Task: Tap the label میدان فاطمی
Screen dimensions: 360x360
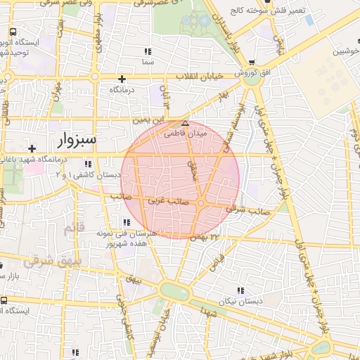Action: pyautogui.click(x=185, y=131)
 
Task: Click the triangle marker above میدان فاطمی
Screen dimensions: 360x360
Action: pyautogui.click(x=185, y=122)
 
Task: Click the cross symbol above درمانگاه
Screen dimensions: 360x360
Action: pyautogui.click(x=122, y=79)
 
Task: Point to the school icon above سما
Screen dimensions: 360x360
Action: pyautogui.click(x=147, y=51)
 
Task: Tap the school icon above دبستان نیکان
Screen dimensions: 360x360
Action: pyautogui.click(x=242, y=290)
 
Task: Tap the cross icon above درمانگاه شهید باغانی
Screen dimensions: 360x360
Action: pyautogui.click(x=31, y=148)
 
